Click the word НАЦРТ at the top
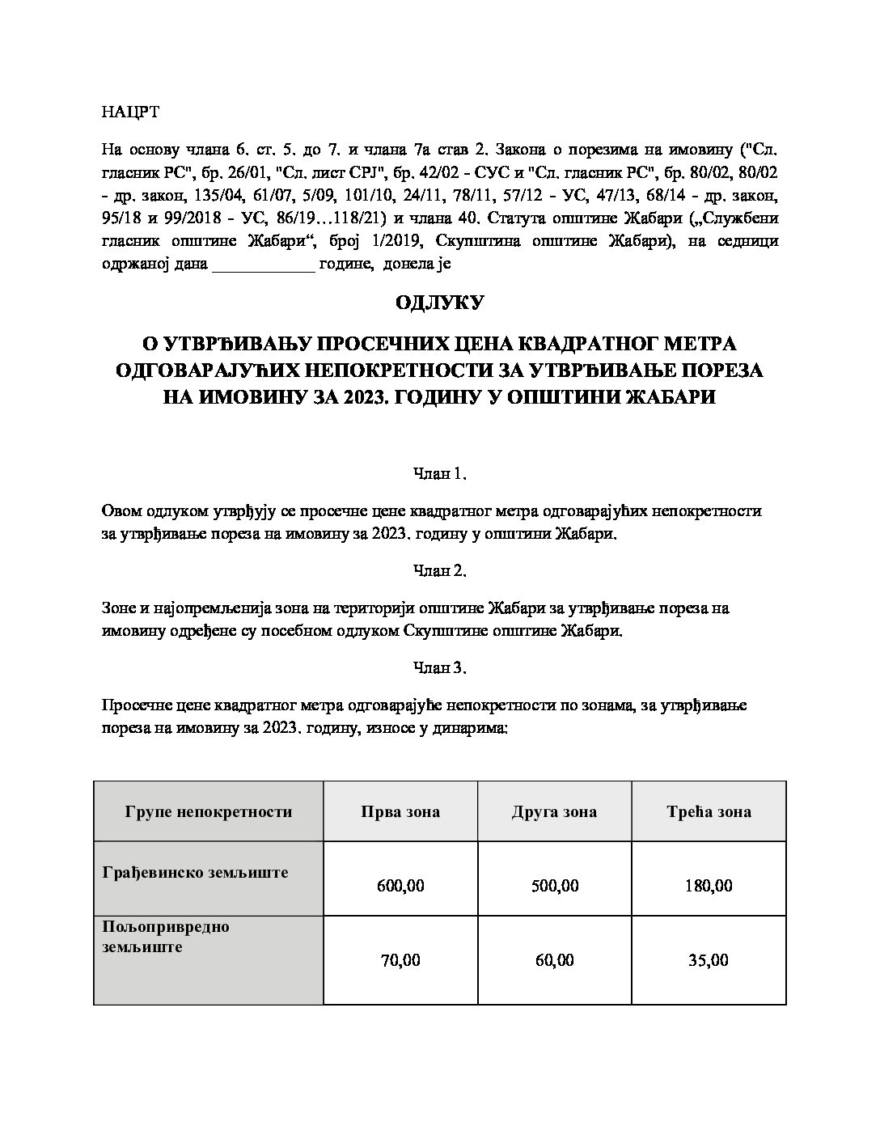[130, 112]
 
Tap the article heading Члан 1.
[439, 474]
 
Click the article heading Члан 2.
[439, 571]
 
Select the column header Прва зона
[400, 811]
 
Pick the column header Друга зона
[554, 811]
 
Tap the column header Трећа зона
[709, 811]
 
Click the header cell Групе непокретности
[208, 811]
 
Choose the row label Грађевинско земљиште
[196, 873]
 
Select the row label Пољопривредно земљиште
[166, 937]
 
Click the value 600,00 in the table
[400, 886]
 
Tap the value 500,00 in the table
[554, 886]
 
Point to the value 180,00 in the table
[709, 886]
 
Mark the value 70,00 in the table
[400, 960]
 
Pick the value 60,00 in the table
[554, 960]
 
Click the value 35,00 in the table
[709, 960]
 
